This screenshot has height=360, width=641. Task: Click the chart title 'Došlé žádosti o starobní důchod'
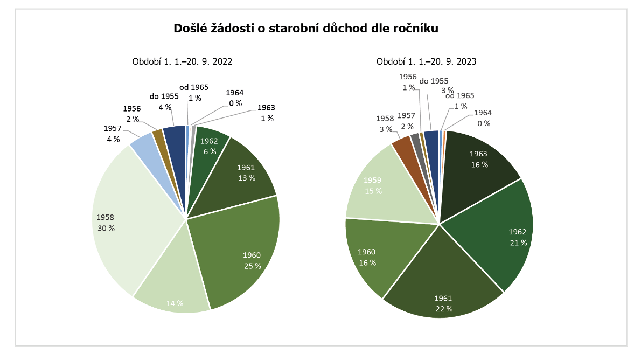point(306,29)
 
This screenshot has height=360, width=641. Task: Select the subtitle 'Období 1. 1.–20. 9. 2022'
point(182,61)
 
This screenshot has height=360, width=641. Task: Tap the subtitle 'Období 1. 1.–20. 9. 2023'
point(426,61)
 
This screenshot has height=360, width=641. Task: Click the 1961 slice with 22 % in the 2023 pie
point(442,286)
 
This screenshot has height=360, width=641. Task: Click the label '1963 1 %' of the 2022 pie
point(266,113)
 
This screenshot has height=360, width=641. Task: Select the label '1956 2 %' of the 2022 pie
point(132,114)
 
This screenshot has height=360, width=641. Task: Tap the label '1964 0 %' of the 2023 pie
point(483,118)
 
